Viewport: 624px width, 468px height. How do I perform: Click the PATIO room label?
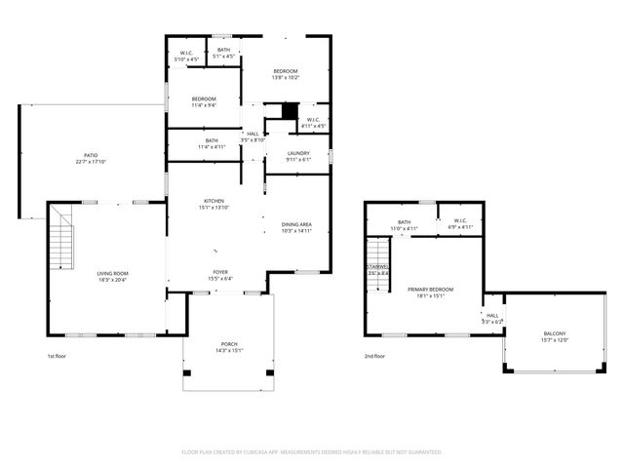(90, 159)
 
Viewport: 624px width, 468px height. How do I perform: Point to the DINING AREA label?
(296, 227)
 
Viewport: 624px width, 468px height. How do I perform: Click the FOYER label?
(221, 276)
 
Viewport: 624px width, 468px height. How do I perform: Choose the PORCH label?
(229, 346)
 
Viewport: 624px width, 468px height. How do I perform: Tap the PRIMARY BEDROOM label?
(430, 292)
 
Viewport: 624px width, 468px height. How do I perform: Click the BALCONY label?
(554, 337)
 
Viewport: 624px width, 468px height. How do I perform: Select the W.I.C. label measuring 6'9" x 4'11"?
(459, 223)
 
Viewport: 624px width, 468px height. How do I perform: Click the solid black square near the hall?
(289, 111)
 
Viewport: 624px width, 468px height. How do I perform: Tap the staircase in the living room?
(62, 239)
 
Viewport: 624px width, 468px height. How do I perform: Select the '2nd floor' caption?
(375, 357)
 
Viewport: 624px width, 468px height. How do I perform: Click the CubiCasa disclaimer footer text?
(312, 452)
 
